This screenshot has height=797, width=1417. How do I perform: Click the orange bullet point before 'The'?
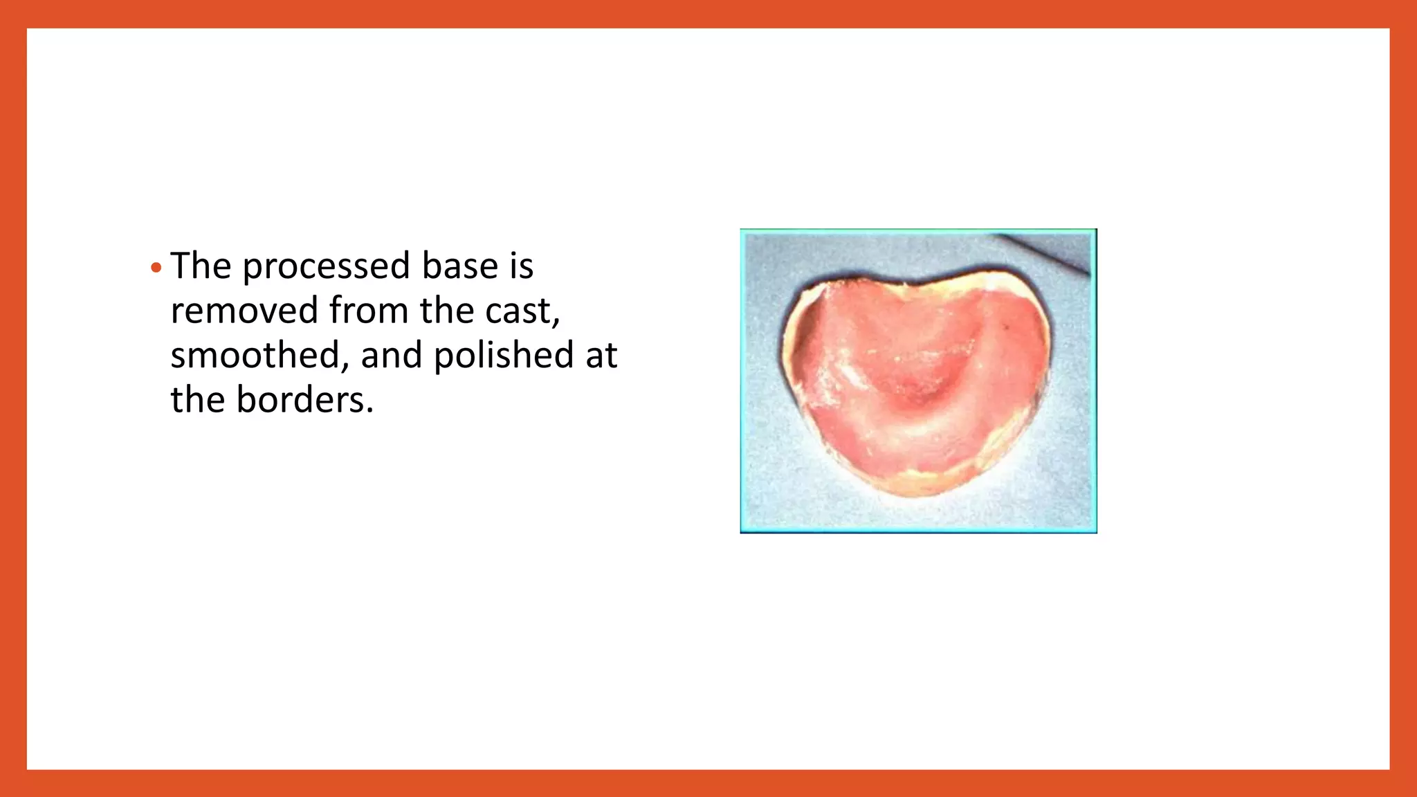pos(156,268)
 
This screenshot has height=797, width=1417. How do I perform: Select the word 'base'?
pos(460,266)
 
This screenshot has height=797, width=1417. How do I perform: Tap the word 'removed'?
pos(244,311)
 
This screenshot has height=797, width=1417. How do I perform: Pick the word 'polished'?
pos(504,356)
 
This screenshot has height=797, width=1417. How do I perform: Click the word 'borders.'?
pos(304,400)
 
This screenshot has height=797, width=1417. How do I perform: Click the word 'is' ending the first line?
pos(522,266)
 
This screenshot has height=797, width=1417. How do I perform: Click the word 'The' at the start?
pos(201,266)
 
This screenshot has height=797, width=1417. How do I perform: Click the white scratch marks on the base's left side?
pos(841,374)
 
